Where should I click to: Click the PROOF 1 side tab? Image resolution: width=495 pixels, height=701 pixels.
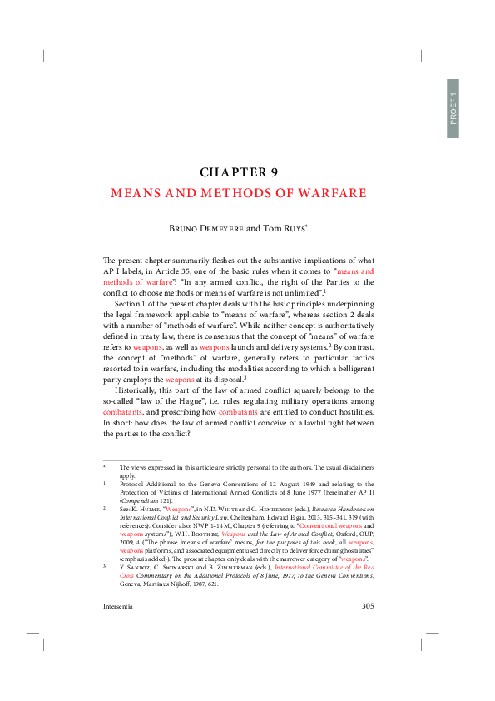[453, 108]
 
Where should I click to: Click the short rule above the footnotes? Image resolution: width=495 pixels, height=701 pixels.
[131, 459]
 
